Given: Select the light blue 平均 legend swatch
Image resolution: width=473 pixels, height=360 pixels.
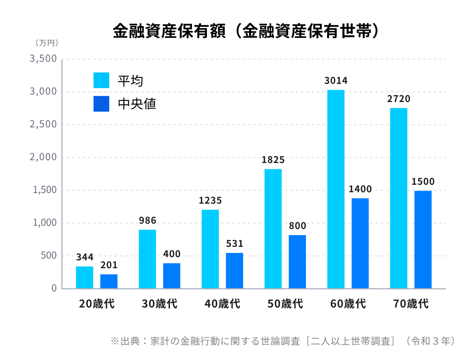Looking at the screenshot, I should (x=101, y=80).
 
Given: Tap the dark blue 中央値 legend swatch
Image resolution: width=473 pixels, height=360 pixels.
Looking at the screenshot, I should (x=101, y=104).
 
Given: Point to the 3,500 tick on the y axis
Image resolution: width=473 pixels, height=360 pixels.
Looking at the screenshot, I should (x=43, y=59).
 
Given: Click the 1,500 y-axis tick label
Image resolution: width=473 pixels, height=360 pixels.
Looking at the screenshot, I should (x=43, y=190).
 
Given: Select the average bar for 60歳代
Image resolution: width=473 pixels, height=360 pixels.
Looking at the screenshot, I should (x=336, y=189).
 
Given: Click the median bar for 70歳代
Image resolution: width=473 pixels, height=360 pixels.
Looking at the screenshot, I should (x=423, y=239).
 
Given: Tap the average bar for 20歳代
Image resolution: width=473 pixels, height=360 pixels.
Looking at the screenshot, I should (x=84, y=277).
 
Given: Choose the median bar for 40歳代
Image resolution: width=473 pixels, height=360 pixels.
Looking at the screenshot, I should (x=235, y=271).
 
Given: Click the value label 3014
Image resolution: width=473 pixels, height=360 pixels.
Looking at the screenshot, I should (x=336, y=81).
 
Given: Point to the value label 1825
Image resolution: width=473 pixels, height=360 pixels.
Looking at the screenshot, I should (x=273, y=160).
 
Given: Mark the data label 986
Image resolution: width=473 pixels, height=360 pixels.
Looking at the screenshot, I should (x=147, y=220).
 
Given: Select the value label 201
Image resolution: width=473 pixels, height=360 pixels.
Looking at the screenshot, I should (x=109, y=265).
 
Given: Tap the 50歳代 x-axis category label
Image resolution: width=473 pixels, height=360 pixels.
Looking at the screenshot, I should (x=285, y=304).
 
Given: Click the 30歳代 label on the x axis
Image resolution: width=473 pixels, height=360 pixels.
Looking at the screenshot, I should (x=160, y=304).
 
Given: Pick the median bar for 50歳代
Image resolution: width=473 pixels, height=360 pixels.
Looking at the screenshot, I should (x=297, y=262).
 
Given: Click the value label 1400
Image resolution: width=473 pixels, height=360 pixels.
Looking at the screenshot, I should (x=360, y=189).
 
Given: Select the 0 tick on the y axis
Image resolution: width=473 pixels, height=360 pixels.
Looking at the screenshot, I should (x=54, y=288).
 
